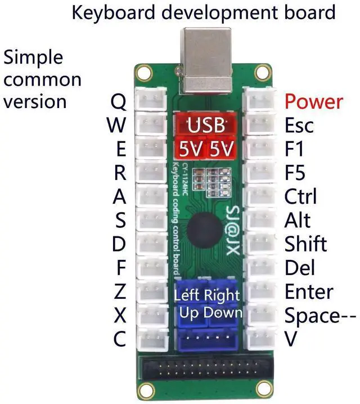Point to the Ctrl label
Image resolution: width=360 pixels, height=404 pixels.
300,196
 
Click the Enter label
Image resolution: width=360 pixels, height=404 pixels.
309,292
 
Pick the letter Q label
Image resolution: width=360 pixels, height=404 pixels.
119,102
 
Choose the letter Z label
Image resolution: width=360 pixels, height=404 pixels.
120,292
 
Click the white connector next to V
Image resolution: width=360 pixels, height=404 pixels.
259,339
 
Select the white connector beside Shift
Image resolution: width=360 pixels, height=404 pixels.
259,244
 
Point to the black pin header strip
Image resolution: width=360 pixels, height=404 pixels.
205,371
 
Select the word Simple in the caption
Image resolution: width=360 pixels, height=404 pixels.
34,57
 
